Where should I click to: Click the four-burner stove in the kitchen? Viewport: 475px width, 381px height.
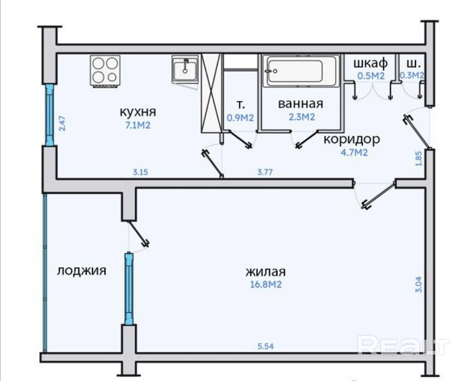105,71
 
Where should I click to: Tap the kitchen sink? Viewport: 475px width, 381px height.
185,69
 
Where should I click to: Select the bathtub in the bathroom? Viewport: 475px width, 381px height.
301,71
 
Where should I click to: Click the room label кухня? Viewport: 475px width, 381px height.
138,112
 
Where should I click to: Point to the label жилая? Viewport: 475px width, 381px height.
266,272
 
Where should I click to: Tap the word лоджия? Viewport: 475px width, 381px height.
82,271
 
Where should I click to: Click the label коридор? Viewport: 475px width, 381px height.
351,139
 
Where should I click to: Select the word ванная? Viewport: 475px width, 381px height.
301,104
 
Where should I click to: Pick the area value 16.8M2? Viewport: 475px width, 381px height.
266,284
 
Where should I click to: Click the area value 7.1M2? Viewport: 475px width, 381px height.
138,125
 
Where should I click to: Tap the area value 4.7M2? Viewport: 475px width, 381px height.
355,152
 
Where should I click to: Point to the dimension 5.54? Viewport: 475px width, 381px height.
266,346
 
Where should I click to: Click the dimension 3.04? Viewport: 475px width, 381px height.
418,285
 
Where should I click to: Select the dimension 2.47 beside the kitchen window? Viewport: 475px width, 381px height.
62,123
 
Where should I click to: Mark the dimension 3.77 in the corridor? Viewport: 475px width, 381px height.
265,172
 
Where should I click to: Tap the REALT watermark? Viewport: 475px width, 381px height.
403,345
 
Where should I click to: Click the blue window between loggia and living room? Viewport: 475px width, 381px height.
129,289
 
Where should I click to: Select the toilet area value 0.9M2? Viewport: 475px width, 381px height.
240,117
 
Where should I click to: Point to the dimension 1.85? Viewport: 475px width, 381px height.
418,158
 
